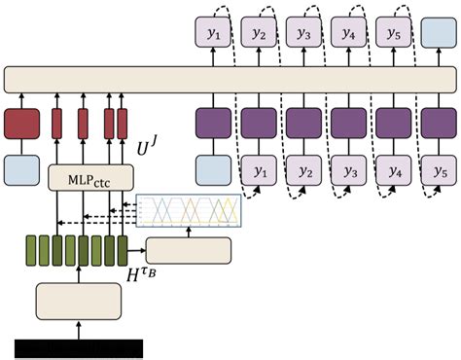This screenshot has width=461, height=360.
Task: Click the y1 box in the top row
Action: click(213, 34)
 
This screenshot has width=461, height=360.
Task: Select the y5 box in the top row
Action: click(392, 34)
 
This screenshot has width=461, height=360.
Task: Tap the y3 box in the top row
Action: click(302, 34)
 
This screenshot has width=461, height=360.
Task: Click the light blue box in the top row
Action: click(437, 34)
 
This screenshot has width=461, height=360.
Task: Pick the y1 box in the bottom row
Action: click(259, 170)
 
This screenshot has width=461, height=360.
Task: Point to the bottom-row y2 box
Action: click(302, 170)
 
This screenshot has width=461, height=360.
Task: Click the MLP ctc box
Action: click(90, 177)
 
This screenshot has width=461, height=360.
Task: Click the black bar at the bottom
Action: click(79, 348)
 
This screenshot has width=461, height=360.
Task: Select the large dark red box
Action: click(23, 124)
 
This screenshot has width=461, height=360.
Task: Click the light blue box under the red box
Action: click(23, 169)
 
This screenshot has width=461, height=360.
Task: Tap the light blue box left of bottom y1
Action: click(213, 170)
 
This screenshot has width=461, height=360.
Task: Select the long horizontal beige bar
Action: click(230, 80)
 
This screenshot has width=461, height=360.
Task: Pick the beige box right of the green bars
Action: click(189, 250)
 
